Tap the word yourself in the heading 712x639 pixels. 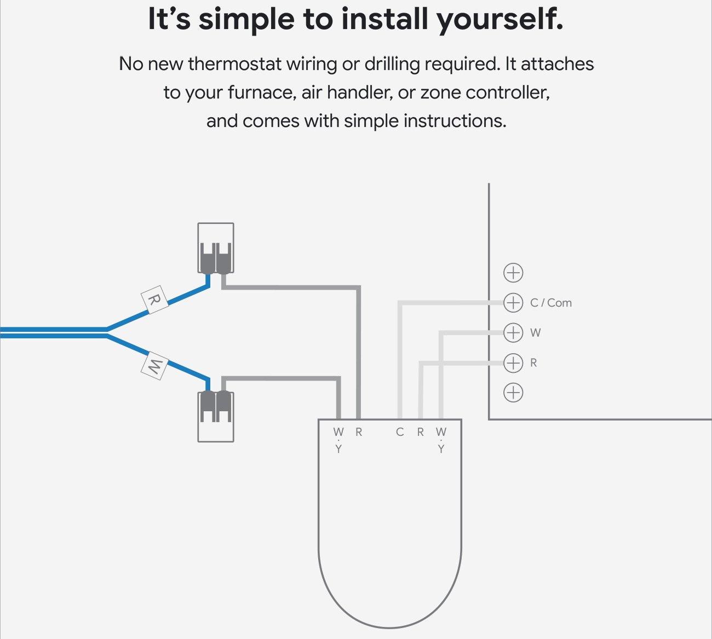[x=499, y=20]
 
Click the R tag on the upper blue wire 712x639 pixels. [x=154, y=300]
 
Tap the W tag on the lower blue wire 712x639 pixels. [x=154, y=365]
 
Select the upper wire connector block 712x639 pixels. [x=216, y=247]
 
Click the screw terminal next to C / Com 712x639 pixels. [x=513, y=302]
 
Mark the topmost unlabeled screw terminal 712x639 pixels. [x=513, y=273]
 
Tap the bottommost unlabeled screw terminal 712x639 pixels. [x=513, y=393]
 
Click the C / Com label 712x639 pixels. [x=550, y=303]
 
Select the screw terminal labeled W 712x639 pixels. [x=513, y=332]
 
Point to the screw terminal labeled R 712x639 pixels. [x=513, y=362]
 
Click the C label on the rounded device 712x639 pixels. [x=400, y=432]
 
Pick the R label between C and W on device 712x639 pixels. [x=420, y=432]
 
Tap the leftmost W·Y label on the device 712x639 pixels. [x=338, y=440]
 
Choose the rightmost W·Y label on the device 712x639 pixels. [x=441, y=440]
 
